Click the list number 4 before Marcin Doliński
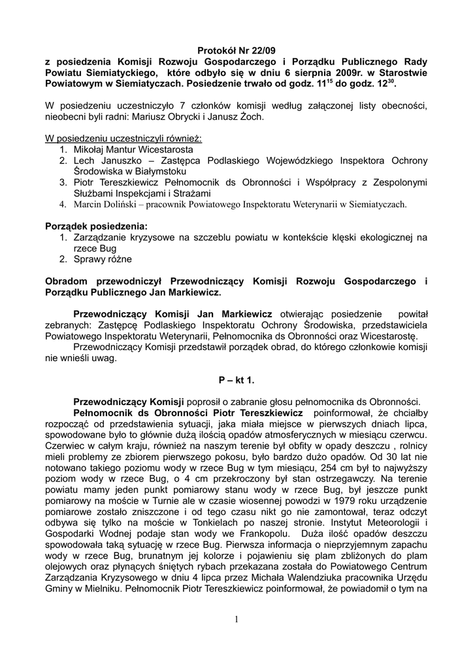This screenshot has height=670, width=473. pos(63,204)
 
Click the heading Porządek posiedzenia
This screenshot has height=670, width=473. pos(96,226)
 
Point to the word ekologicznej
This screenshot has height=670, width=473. pos(382,237)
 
